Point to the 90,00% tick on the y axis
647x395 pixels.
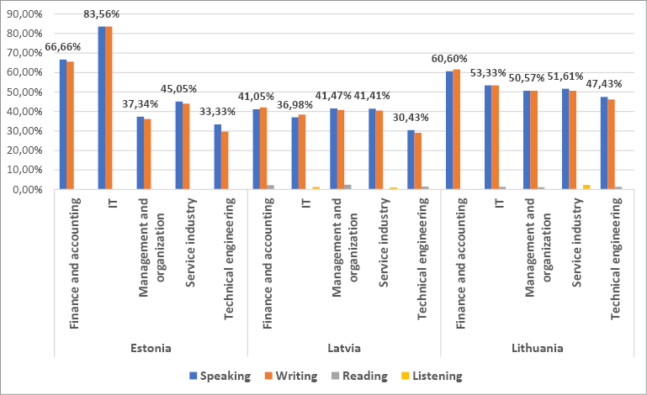(25, 14)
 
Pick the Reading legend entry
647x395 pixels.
(362, 376)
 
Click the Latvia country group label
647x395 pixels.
(343, 347)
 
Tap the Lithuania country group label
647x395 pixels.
(537, 347)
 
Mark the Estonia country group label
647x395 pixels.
(151, 347)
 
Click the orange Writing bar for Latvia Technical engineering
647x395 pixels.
(418, 161)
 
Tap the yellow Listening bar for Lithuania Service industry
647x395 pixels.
(586, 187)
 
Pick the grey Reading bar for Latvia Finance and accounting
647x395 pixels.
(270, 187)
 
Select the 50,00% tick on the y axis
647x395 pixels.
(25, 92)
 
